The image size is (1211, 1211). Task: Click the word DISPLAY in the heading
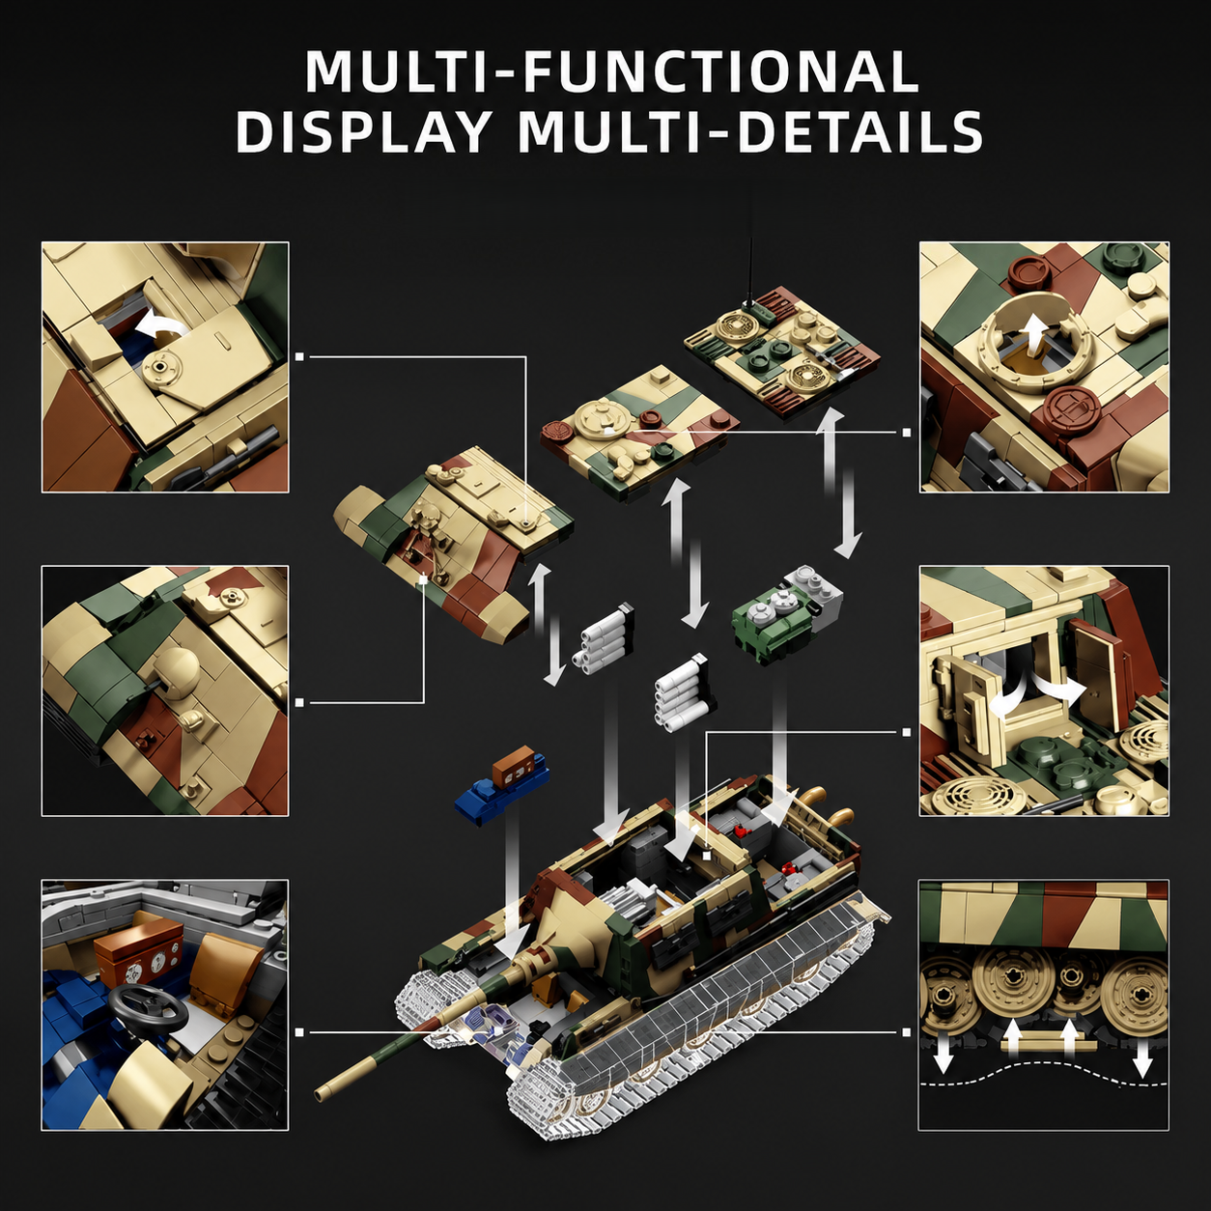click(x=362, y=130)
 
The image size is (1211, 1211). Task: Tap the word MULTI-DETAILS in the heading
click(x=751, y=130)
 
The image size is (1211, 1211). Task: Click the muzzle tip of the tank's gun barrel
click(x=323, y=1092)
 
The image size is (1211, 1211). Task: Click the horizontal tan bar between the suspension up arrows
click(x=1047, y=1047)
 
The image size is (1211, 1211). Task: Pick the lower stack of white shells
click(x=685, y=692)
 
